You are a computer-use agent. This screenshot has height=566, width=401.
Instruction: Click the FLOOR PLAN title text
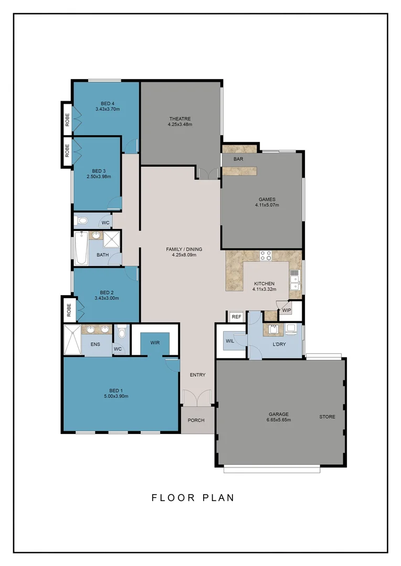(193, 497)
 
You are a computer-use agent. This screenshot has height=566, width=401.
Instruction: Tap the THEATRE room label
(180, 118)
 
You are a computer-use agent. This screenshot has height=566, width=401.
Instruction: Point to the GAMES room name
(267, 199)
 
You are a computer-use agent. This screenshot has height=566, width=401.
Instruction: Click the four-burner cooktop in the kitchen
(266, 256)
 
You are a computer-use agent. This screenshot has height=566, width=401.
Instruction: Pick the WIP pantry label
(287, 310)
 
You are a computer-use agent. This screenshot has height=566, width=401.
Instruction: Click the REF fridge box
(236, 317)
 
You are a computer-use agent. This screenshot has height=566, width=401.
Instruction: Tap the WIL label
(230, 341)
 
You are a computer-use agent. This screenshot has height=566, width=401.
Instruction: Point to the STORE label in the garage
(327, 417)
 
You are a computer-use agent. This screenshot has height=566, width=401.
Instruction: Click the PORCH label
(196, 420)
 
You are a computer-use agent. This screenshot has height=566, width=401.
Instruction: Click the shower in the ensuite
(72, 333)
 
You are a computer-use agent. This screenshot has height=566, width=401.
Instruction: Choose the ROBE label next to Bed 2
(68, 311)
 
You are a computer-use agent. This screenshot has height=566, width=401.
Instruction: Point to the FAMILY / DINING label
(184, 249)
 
